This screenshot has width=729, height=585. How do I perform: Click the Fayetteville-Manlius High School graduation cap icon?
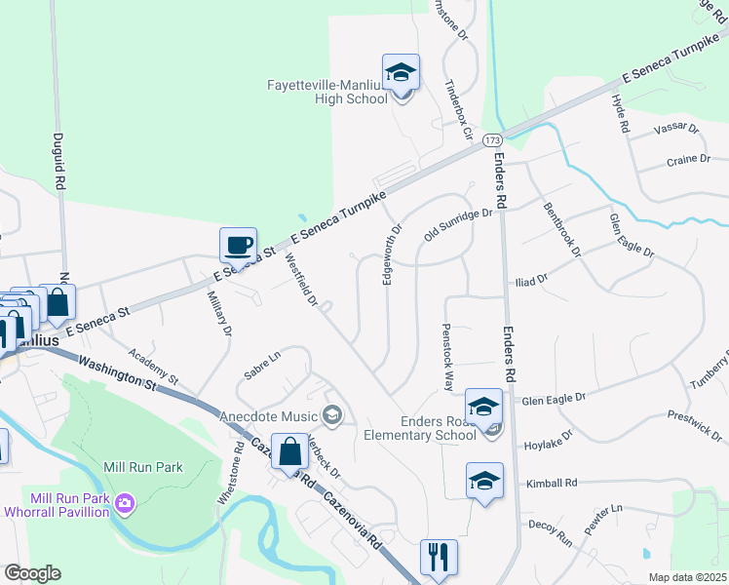[x=401, y=72]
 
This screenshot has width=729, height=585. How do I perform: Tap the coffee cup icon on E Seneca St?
[x=238, y=244]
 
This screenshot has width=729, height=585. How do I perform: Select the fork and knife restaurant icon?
[x=439, y=558]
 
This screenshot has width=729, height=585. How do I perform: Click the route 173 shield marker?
[x=492, y=141]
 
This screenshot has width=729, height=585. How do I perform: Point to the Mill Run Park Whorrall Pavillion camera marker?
[x=124, y=503]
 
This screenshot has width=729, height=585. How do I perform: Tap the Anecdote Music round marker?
[x=332, y=417]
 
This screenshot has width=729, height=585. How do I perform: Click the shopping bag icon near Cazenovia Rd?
[x=290, y=451]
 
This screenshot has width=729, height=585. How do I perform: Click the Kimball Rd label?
[x=552, y=483]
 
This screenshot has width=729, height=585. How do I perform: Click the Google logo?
[x=32, y=573]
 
